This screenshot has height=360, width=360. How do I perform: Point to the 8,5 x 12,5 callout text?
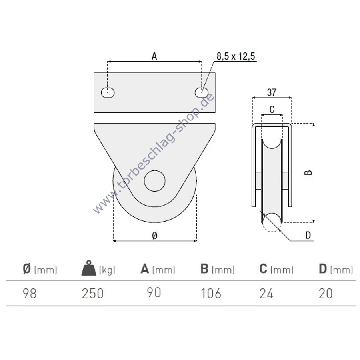tap(236, 56)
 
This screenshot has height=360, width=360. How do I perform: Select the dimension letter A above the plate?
tap(154, 56)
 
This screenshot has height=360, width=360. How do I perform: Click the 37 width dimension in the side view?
tap(272, 92)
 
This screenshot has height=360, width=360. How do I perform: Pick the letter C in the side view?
tap(272, 110)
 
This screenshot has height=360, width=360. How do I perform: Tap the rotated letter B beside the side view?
tap(308, 172)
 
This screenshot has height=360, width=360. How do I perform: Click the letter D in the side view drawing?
tap(308, 235)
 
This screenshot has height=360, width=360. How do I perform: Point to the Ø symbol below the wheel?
tap(154, 235)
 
